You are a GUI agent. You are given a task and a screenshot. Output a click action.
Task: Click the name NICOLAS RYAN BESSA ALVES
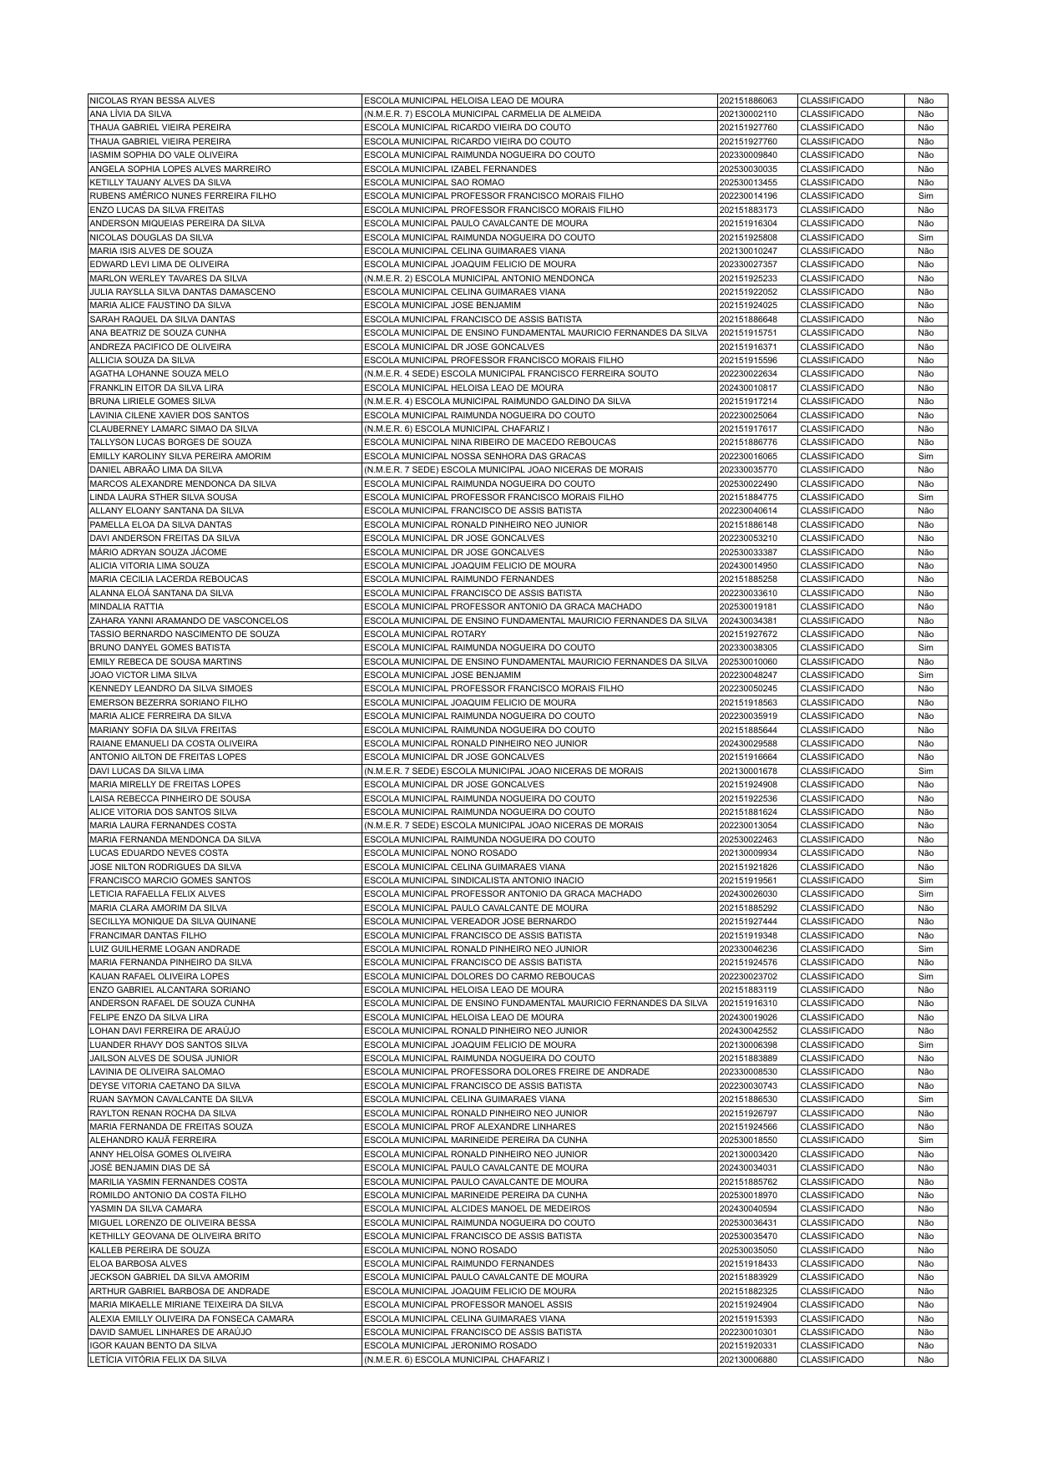coord(152,100)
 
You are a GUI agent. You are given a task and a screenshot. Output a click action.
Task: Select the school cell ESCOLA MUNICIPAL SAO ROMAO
coord(434,182)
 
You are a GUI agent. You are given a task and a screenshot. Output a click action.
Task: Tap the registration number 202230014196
coord(747,196)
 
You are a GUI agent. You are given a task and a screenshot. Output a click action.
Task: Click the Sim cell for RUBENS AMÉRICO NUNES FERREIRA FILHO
coord(925,196)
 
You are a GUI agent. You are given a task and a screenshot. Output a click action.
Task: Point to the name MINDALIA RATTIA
coord(127,607)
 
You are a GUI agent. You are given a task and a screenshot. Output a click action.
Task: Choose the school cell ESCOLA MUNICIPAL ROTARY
coord(425,635)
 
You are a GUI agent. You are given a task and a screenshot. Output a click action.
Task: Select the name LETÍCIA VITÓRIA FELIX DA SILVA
coord(158,1360)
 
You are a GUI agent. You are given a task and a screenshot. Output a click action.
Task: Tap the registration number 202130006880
coord(747,1360)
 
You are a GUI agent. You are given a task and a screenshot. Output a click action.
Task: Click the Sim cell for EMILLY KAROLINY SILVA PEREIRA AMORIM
coord(925,457)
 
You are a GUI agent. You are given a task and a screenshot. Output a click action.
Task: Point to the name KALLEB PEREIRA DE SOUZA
coord(150,1251)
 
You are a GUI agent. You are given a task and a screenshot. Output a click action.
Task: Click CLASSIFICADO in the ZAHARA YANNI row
coord(832,621)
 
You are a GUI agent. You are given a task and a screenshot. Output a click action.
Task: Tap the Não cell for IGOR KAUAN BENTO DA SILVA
coord(925,1346)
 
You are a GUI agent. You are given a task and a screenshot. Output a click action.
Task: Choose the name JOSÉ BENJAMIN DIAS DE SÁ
coord(149,1168)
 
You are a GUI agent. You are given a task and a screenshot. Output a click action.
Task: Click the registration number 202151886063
coord(747,100)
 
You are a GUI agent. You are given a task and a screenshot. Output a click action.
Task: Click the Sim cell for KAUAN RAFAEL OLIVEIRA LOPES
coord(925,977)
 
